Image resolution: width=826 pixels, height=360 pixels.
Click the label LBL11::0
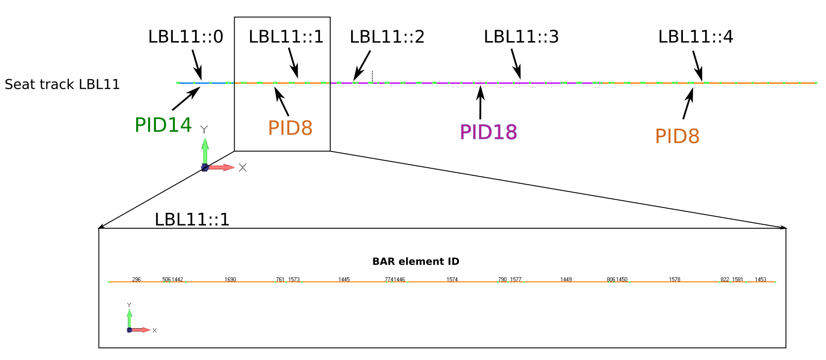coord(186,37)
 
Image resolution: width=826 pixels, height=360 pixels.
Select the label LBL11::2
coord(387,37)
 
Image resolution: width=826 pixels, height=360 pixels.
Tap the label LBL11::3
coord(521,37)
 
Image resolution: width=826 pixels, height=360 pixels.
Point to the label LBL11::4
coord(696,37)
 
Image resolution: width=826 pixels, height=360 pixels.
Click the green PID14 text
coord(163,125)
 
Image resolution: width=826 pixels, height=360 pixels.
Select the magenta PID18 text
coord(488,132)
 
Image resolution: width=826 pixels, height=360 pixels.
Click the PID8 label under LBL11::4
coord(677,136)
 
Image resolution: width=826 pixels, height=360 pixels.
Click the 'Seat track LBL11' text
coord(62,84)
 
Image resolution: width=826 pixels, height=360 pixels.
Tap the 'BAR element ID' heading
coord(416,261)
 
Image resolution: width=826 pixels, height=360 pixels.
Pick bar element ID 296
coord(137,280)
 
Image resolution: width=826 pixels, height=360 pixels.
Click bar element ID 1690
coord(230,280)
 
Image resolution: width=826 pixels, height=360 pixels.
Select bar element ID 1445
coord(344,280)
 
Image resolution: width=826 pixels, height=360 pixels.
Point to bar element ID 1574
coord(452,280)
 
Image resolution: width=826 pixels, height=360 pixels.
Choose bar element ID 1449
coord(566,280)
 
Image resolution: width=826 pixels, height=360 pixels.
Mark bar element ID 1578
coord(674,280)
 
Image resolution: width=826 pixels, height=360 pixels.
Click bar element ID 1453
coord(761,280)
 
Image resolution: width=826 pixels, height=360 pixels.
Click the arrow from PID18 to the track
coord(480,103)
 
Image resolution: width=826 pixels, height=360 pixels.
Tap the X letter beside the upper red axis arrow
coord(243,167)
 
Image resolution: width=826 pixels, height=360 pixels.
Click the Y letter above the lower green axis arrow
coord(129,305)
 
